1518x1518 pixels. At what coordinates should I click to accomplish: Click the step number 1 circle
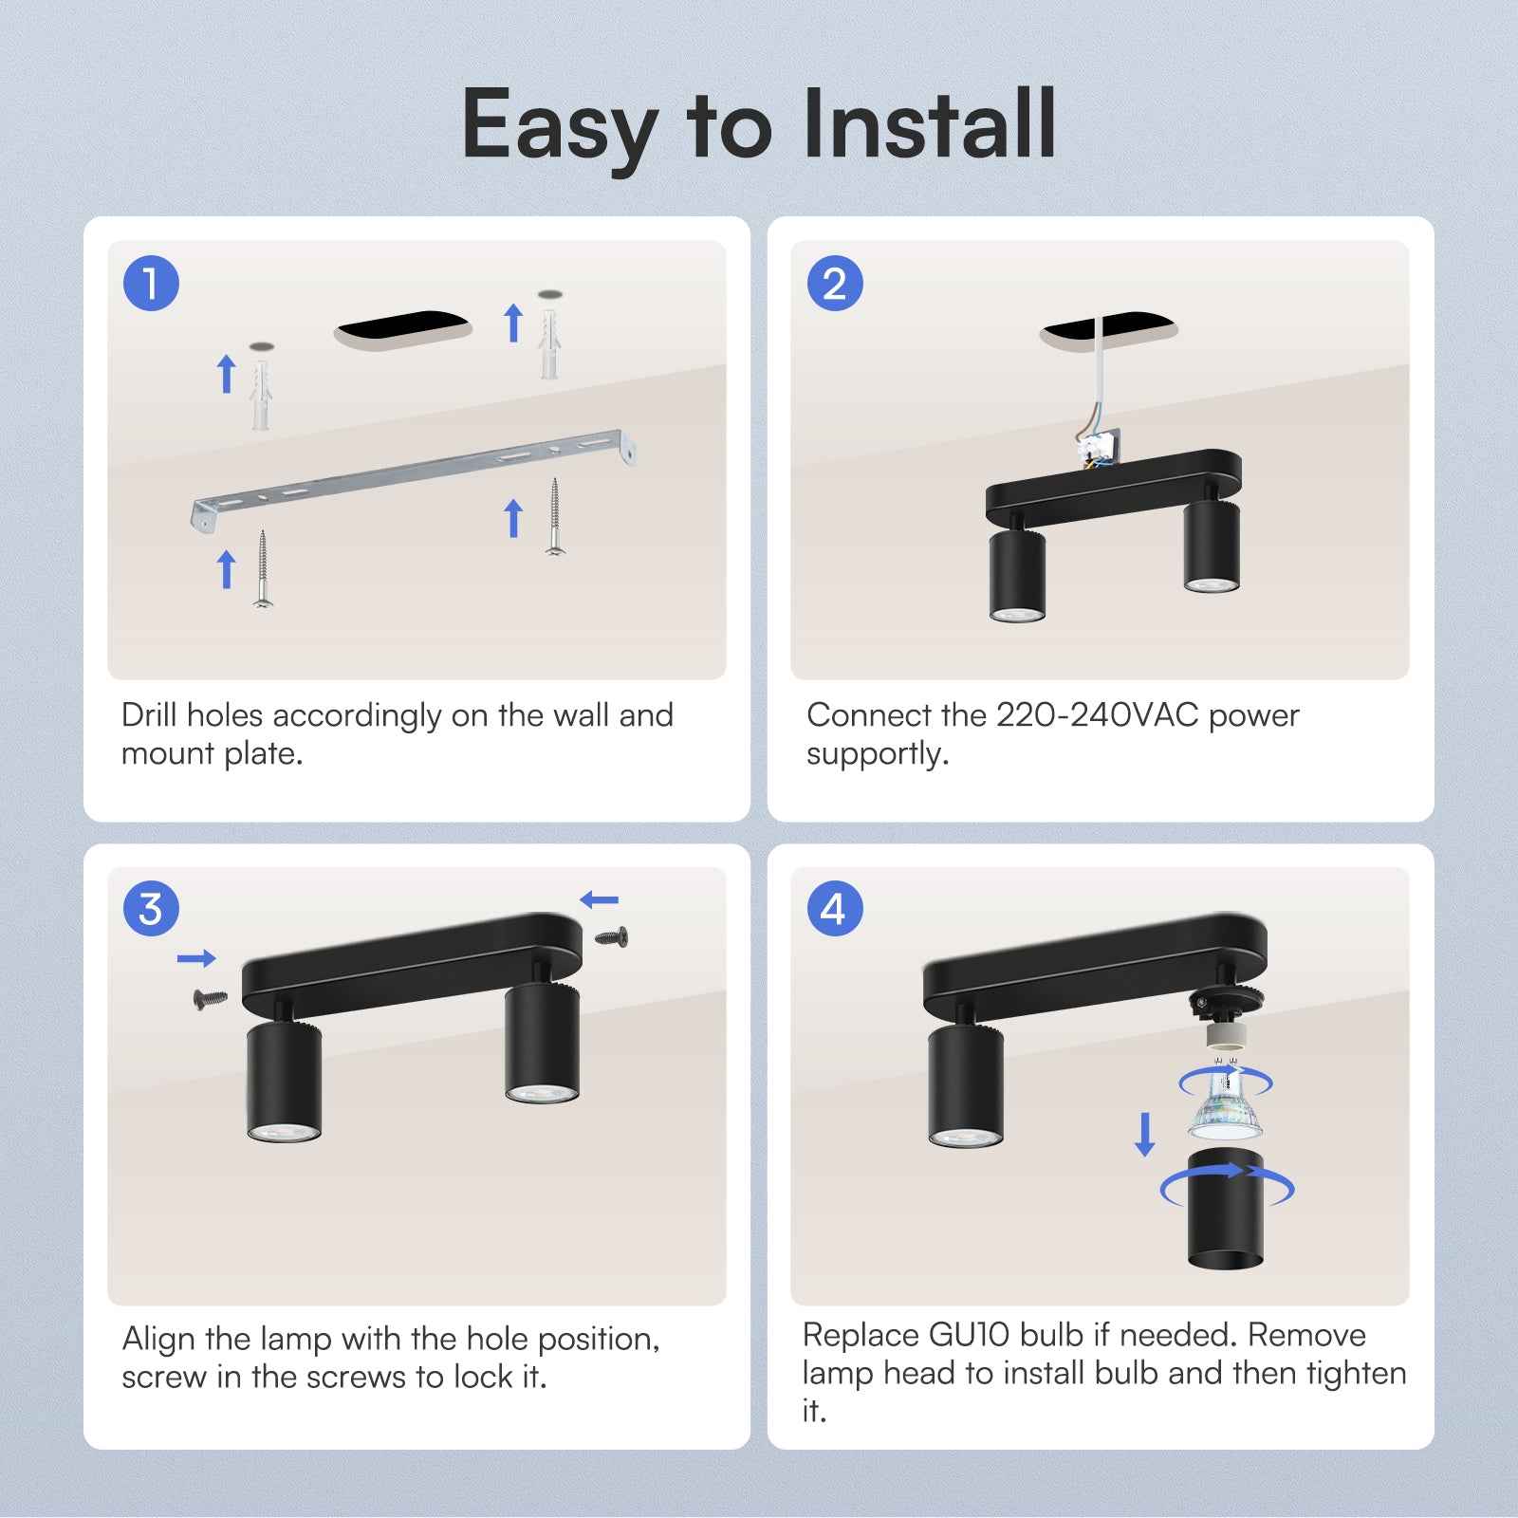point(151,283)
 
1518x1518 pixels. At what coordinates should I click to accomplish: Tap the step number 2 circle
point(834,283)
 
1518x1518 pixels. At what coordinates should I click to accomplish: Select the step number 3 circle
point(151,908)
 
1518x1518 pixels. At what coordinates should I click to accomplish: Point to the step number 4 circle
point(834,908)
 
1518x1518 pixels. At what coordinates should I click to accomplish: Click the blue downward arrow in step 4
point(1145,1134)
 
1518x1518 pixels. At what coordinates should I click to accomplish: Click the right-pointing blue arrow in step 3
point(196,959)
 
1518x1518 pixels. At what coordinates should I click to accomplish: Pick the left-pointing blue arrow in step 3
point(599,899)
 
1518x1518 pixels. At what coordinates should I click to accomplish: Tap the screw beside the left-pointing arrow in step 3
point(612,937)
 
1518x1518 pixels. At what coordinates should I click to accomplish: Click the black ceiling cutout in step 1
point(403,327)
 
